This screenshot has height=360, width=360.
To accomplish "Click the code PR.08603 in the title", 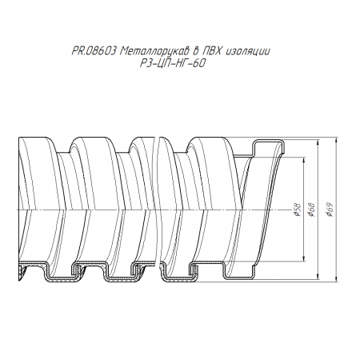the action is point(94,51).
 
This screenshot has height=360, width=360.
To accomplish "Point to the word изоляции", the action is point(248,51).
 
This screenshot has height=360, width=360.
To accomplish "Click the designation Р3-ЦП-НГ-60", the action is point(173,63).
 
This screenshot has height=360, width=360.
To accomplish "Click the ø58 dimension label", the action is point(298,210).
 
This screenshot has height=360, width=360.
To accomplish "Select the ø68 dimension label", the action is point(311,210).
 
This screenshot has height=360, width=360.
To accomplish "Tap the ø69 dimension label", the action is point(330,210).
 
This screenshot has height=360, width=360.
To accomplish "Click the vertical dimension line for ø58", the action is point(304,209).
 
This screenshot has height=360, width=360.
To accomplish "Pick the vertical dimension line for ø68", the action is point(318,210).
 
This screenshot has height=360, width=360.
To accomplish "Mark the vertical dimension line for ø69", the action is point(336,209).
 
